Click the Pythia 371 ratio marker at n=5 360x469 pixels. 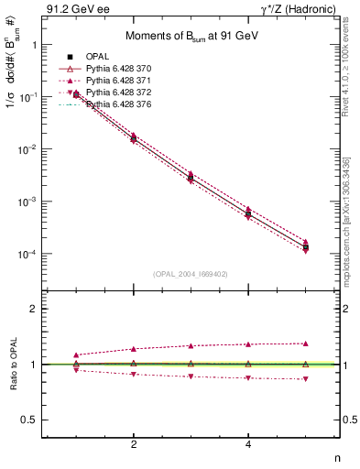pos(305,344)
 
